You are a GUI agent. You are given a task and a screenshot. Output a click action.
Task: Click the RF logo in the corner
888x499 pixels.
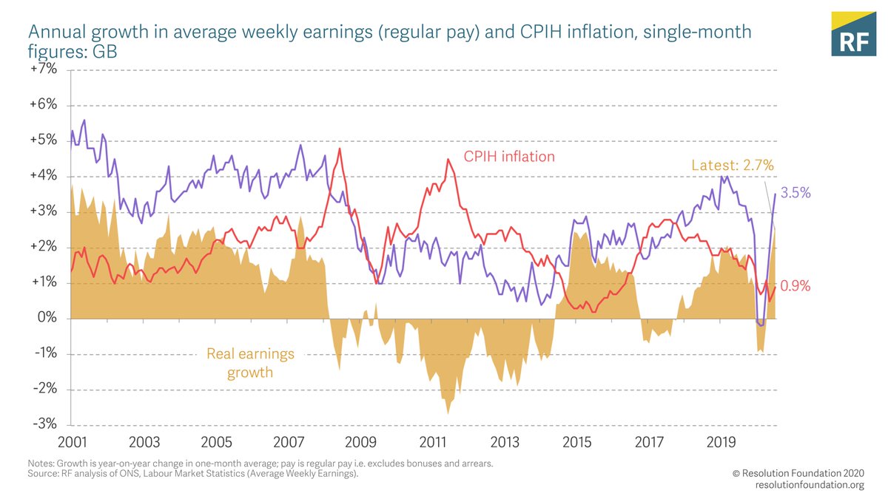pos(852,34)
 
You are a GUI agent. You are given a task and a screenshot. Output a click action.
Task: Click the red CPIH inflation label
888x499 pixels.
pos(509,157)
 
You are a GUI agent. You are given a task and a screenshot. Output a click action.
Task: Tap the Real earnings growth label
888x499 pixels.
pos(250,363)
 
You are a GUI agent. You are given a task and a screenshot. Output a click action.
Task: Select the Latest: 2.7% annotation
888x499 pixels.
pos(733,165)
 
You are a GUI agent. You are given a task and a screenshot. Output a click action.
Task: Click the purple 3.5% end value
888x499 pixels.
pos(796,193)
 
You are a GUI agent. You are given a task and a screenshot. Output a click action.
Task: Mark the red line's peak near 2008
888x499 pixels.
pos(340,149)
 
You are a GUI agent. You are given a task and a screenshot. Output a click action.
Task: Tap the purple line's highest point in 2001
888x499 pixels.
pos(84,120)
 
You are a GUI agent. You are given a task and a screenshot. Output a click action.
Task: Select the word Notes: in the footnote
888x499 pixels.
pos(41,464)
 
